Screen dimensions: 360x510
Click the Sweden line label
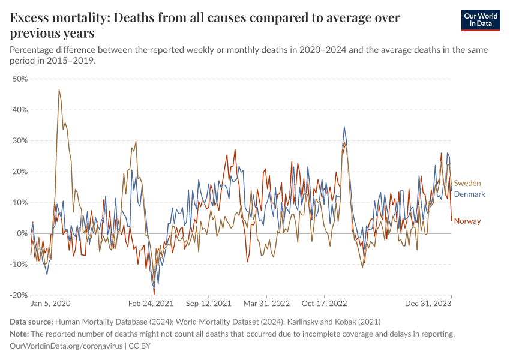[x=467, y=183]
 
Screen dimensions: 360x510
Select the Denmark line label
[x=469, y=194]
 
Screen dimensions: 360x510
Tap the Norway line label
[x=467, y=221]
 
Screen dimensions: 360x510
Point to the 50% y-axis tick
[x=20, y=79]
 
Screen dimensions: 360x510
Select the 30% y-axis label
[x=20, y=140]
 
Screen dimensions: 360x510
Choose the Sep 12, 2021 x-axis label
[x=209, y=305]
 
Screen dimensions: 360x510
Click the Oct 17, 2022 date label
[x=324, y=305]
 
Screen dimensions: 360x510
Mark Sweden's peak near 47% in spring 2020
[x=59, y=89]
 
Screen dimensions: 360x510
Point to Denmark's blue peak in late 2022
[x=344, y=127]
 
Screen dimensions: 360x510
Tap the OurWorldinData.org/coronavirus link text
[x=65, y=346]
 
